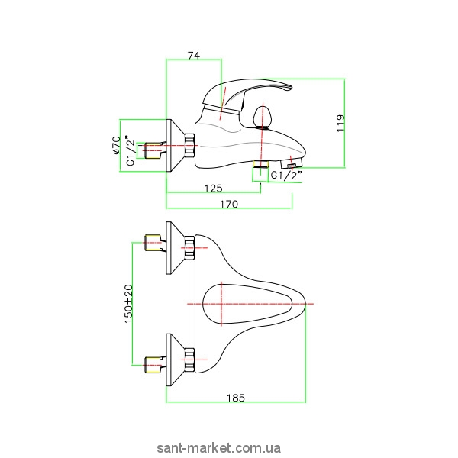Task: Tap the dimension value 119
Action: (x=340, y=123)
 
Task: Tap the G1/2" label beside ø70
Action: (x=130, y=150)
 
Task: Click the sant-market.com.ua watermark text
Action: (x=229, y=447)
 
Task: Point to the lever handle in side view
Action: (x=252, y=92)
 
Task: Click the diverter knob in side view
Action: (x=262, y=118)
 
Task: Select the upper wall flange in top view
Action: (x=176, y=246)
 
